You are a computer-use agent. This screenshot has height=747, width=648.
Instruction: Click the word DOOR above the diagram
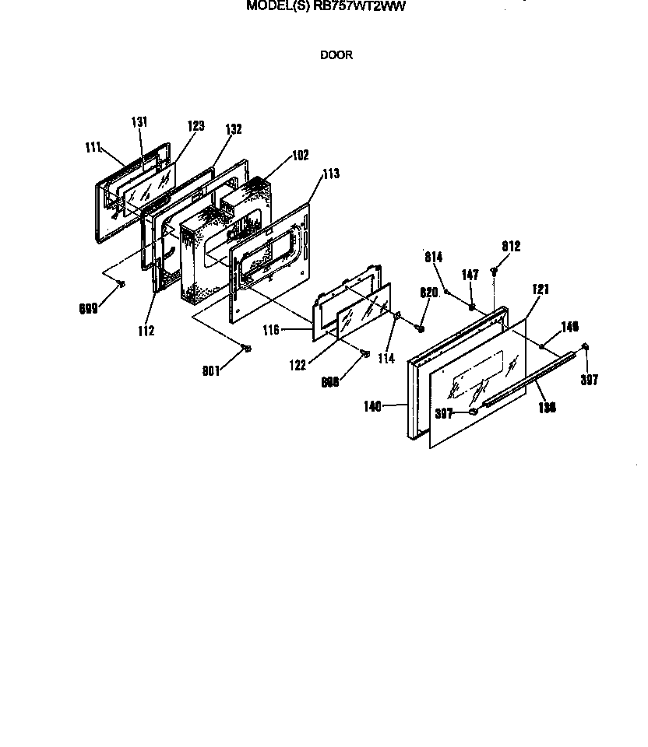pyautogui.click(x=336, y=55)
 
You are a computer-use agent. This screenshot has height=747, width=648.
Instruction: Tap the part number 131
pyautogui.click(x=139, y=122)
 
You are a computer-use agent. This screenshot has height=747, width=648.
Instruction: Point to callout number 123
pyautogui.click(x=195, y=125)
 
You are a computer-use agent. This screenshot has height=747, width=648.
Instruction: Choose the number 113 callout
pyautogui.click(x=330, y=174)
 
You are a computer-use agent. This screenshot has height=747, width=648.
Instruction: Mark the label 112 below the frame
pyautogui.click(x=145, y=331)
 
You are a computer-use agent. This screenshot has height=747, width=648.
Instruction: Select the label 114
pyautogui.click(x=387, y=359)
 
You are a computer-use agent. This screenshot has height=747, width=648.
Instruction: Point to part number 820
pyautogui.click(x=429, y=293)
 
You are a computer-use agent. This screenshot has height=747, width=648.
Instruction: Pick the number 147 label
pyautogui.click(x=470, y=275)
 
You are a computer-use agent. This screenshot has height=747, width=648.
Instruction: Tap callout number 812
pyautogui.click(x=511, y=247)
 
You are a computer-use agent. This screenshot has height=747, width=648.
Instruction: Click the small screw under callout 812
pyautogui.click(x=495, y=271)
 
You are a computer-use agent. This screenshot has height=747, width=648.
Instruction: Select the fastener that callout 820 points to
pyautogui.click(x=421, y=328)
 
